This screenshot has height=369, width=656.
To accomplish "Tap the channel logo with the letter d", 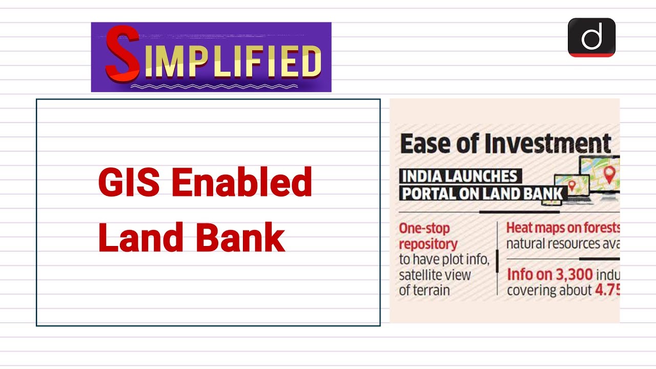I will coord(591,37).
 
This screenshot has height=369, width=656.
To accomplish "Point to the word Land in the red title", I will coord(136,238).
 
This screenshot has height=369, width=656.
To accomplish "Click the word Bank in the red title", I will coord(240,238).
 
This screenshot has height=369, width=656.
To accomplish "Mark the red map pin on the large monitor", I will coord(609,174).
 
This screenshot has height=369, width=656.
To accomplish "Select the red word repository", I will coord(427,243).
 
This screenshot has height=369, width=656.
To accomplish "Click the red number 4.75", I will coord(607,290).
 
